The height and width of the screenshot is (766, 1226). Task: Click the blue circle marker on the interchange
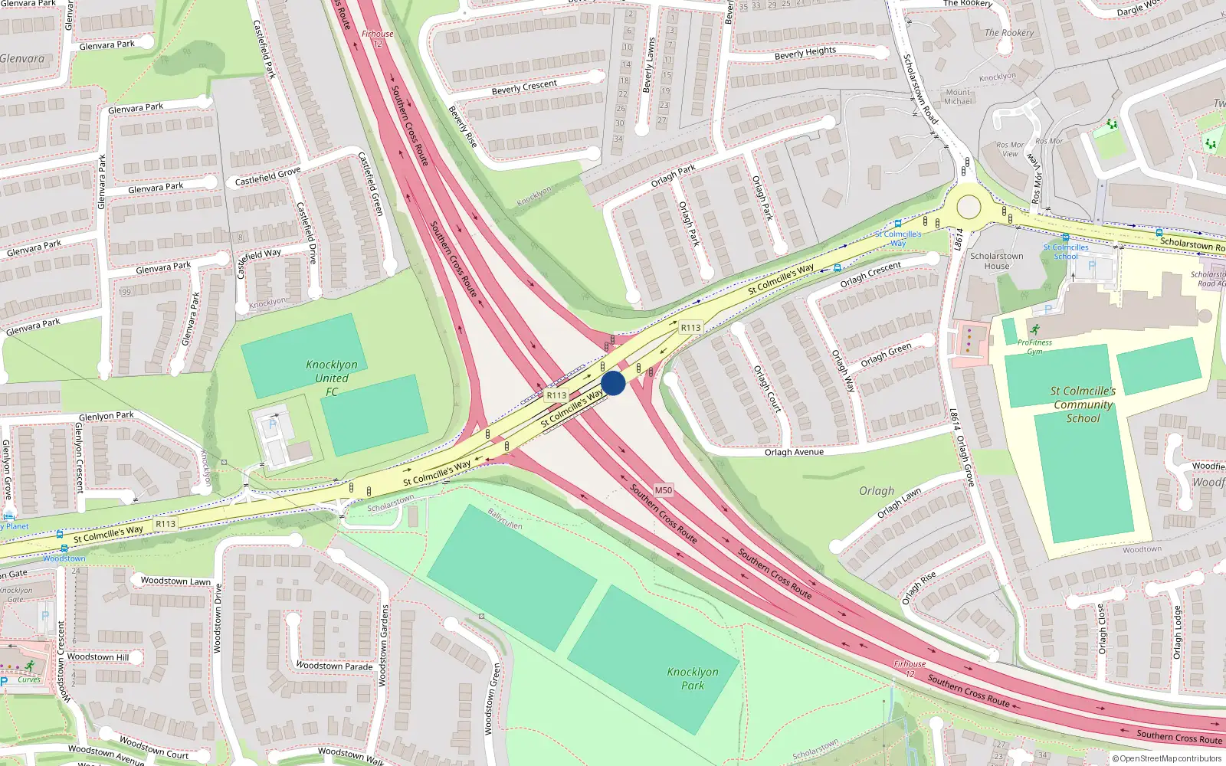coord(613,383)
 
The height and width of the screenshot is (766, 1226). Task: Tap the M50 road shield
coord(664,490)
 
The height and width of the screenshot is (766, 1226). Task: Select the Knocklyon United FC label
coord(331,378)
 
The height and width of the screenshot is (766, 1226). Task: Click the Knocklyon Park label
coord(693,679)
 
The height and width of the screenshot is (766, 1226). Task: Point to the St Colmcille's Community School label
coord(1083,404)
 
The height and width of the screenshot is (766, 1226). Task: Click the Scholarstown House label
coord(996,261)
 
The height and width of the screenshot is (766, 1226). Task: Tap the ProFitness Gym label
coord(1034,347)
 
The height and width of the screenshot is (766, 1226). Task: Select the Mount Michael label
coord(958,97)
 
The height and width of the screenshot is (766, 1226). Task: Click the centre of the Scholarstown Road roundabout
coord(969,207)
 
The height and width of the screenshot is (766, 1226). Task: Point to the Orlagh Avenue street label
coord(794,452)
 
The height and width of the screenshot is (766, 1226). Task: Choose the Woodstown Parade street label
coord(334,666)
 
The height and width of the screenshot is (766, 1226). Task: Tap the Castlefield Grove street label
coord(267,177)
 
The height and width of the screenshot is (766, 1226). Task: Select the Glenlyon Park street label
coord(106,416)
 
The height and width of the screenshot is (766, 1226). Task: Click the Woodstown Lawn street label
coord(175,581)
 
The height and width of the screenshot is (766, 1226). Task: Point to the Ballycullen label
coord(505,519)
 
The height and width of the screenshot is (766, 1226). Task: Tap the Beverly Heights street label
coord(805,53)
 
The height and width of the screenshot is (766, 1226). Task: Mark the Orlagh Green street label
coord(886,355)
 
